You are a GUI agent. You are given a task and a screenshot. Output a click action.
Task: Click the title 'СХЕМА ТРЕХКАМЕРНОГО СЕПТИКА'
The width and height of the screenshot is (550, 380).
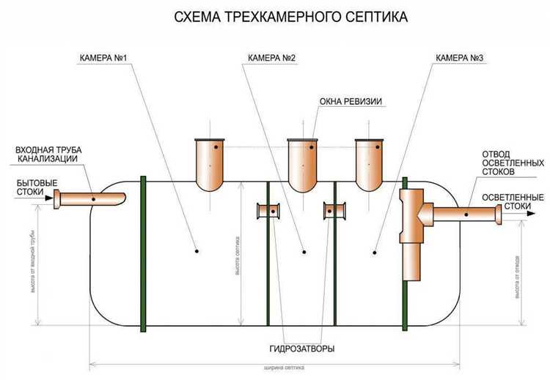(275, 15)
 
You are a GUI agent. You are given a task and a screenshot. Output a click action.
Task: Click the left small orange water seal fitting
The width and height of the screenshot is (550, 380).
(268, 212)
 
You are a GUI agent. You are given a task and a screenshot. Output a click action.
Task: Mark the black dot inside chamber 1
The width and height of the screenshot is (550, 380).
(198, 252)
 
